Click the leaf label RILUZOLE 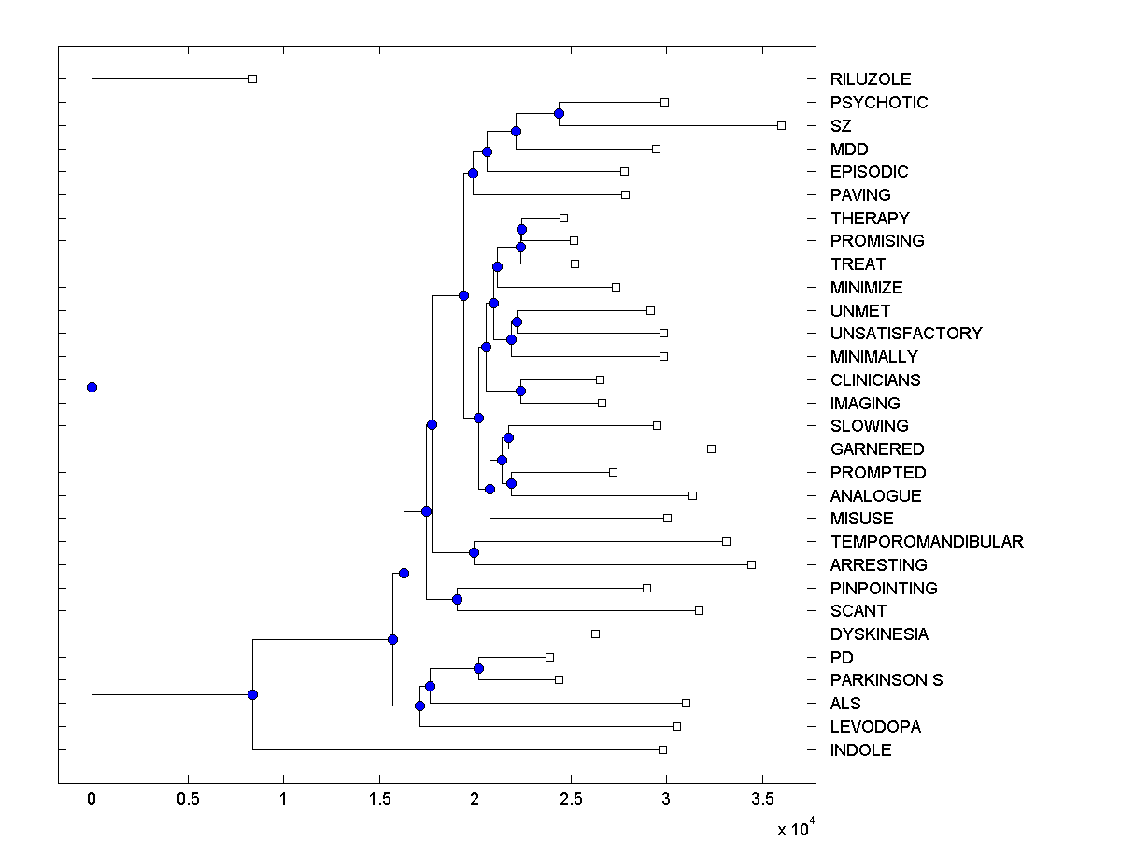(870, 79)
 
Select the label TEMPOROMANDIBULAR (926, 542)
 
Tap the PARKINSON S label (886, 680)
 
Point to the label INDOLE (860, 750)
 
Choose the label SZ (841, 125)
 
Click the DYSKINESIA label (879, 634)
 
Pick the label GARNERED (876, 449)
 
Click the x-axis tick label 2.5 (571, 800)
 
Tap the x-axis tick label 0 (92, 800)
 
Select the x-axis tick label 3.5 (762, 800)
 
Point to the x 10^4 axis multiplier (796, 828)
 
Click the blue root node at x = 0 (92, 387)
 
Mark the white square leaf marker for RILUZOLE (252, 79)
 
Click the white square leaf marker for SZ (782, 125)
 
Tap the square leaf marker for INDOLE (662, 749)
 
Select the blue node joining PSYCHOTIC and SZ (559, 114)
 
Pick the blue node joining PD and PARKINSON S (478, 668)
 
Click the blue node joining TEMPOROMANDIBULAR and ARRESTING (474, 552)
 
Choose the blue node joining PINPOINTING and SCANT (458, 599)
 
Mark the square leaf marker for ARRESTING (751, 564)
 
